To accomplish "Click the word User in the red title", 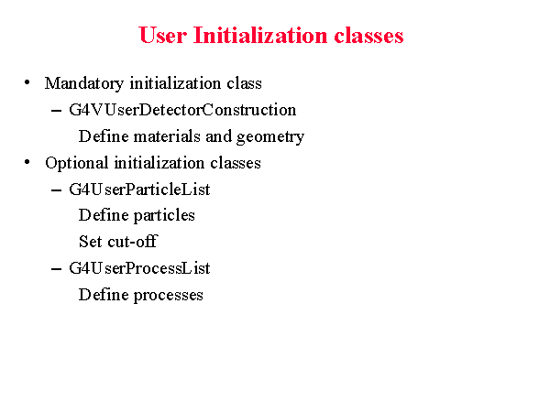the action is coord(163,35).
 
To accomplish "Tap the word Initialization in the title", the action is coord(260,35).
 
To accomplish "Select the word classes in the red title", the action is coord(368,36).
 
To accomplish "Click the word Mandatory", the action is coord(84,83).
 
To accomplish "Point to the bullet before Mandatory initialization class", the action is coord(27,82).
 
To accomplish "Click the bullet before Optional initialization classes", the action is coord(27,162).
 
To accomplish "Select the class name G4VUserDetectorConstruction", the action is coord(182,110).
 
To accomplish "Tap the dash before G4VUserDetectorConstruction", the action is coord(56,111).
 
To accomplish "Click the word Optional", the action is coord(76,163).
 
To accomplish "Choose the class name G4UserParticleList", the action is coord(139,190).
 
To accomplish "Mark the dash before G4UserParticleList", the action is coord(56,190).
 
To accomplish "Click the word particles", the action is coord(164,216).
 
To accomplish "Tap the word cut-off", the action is coord(133,241).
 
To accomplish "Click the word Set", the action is coord(91,242).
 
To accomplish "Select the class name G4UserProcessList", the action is coord(139,268).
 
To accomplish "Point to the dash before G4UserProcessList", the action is coord(56,269).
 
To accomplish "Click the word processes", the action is coord(169,296).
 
